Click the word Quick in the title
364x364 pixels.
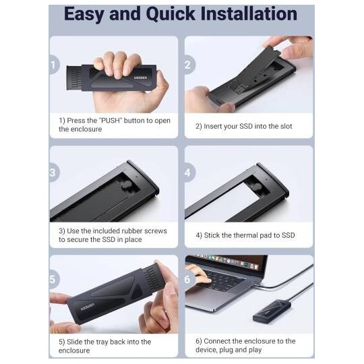tap(171, 14)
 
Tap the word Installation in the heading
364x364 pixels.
tap(249, 14)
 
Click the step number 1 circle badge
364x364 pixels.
tap(54, 65)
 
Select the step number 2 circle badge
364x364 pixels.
tap(189, 65)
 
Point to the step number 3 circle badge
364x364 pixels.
tap(54, 173)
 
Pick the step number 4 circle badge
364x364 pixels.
tap(189, 173)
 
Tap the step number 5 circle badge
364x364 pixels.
tap(54, 279)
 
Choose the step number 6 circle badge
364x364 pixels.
tap(189, 279)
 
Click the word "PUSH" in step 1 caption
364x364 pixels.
tap(111, 121)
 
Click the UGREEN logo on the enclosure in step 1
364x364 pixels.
tap(140, 78)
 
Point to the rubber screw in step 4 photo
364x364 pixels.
tap(257, 186)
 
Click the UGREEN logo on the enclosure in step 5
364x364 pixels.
tap(88, 307)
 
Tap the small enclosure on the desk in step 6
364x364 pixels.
tap(268, 311)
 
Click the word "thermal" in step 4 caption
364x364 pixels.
tap(245, 235)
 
